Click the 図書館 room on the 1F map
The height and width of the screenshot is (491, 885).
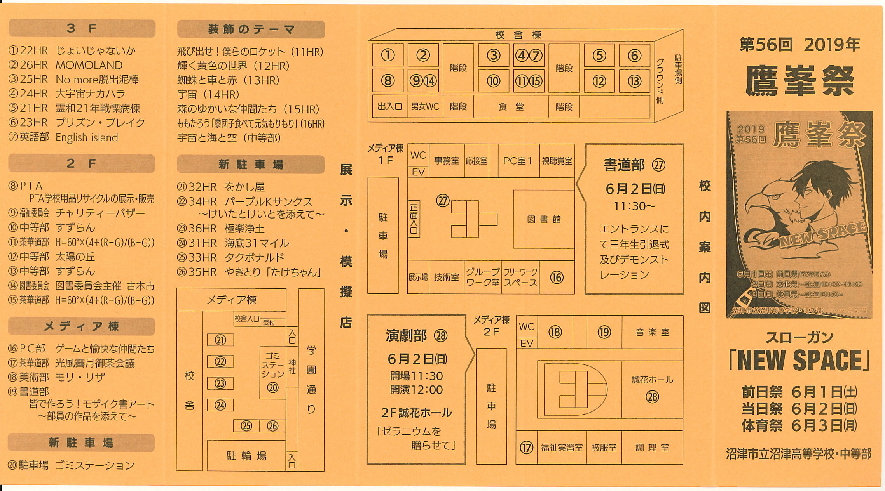[543, 219]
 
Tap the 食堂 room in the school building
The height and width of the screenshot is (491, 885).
[511, 107]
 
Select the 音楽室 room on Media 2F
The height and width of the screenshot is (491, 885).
[652, 332]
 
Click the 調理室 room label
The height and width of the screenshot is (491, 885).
[652, 448]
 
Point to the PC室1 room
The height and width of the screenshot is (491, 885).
[518, 160]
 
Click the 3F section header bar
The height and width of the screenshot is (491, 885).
[82, 28]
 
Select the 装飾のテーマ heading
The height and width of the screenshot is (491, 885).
[251, 29]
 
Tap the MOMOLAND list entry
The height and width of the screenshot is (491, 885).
[89, 65]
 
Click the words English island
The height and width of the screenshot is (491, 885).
[87, 137]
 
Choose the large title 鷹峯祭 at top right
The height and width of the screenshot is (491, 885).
[799, 81]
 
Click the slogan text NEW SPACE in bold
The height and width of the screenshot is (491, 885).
[799, 360]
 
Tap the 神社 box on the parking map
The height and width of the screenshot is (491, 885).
[292, 366]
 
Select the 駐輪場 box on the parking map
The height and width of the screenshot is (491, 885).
[246, 455]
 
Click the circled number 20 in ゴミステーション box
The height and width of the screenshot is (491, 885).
[273, 387]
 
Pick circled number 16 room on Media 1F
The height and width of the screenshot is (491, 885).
[557, 277]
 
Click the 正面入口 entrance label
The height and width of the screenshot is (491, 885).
[414, 219]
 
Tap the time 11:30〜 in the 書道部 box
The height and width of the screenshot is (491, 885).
[634, 206]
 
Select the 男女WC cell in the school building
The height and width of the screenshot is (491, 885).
[425, 107]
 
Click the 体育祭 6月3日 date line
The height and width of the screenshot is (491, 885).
[799, 426]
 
